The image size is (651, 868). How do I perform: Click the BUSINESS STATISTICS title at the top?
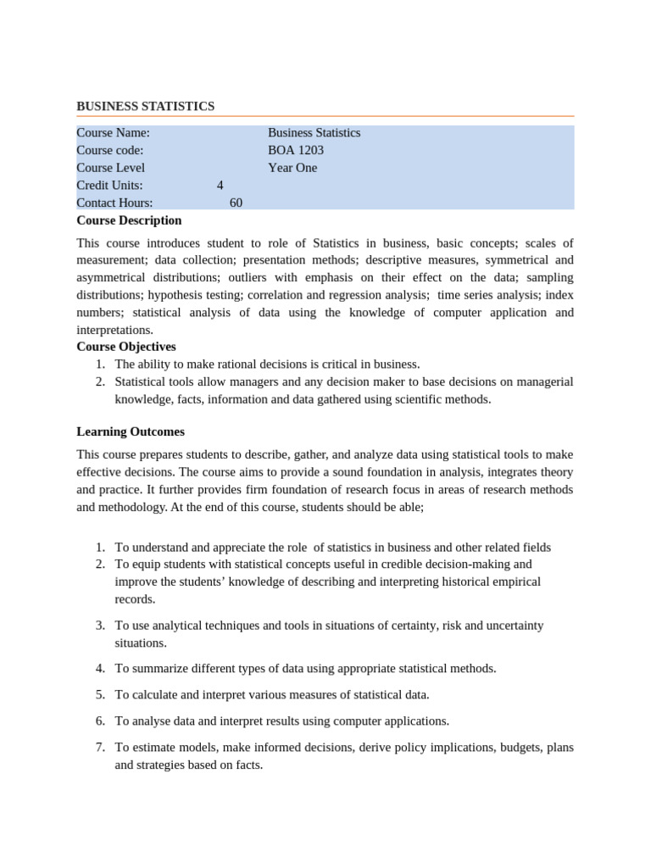[x=145, y=106]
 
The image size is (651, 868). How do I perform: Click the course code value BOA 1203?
[x=296, y=150]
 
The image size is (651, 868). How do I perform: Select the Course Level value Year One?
[x=292, y=168]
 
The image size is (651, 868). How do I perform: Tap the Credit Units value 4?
[x=220, y=186]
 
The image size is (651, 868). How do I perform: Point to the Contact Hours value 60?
[x=236, y=203]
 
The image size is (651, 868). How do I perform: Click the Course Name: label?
[x=113, y=133]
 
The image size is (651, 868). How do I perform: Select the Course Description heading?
[x=129, y=220]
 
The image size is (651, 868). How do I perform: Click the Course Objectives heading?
[x=126, y=347]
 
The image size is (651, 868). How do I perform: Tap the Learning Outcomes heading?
[x=131, y=431]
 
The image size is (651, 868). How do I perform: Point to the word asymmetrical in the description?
[x=113, y=277]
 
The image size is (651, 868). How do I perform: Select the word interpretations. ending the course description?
[x=114, y=330]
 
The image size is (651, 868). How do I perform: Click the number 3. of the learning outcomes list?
[x=100, y=626]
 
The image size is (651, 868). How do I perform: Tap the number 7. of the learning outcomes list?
[x=100, y=748]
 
